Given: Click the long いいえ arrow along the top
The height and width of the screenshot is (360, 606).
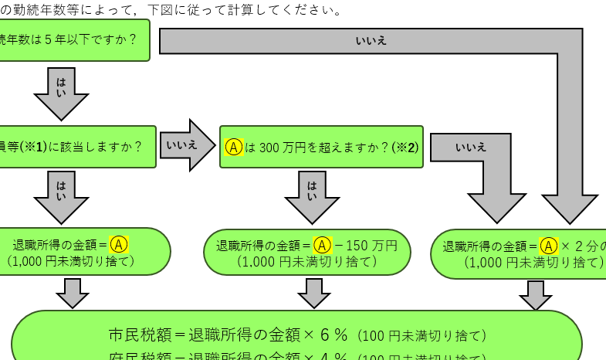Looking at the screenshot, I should click(x=371, y=41).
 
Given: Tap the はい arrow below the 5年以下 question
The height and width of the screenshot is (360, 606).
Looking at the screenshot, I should click(x=62, y=93).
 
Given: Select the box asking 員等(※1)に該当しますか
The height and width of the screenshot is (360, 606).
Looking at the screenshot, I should click(x=77, y=146).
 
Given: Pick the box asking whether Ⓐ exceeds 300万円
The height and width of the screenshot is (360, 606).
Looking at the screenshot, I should click(x=321, y=147).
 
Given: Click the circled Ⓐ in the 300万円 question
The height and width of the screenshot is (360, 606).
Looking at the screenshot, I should click(x=234, y=147).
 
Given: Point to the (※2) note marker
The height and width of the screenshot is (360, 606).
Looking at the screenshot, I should click(x=405, y=147).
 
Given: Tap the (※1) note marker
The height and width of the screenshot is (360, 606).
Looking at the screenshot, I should click(x=32, y=146).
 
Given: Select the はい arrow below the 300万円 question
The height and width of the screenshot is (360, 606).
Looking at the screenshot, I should click(x=312, y=195).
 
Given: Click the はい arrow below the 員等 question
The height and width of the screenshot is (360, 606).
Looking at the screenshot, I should click(x=62, y=195).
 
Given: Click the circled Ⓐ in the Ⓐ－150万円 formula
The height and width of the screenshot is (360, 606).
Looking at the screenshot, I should click(x=323, y=246).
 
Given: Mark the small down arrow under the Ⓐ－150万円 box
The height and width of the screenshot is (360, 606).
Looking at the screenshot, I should click(x=314, y=292).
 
